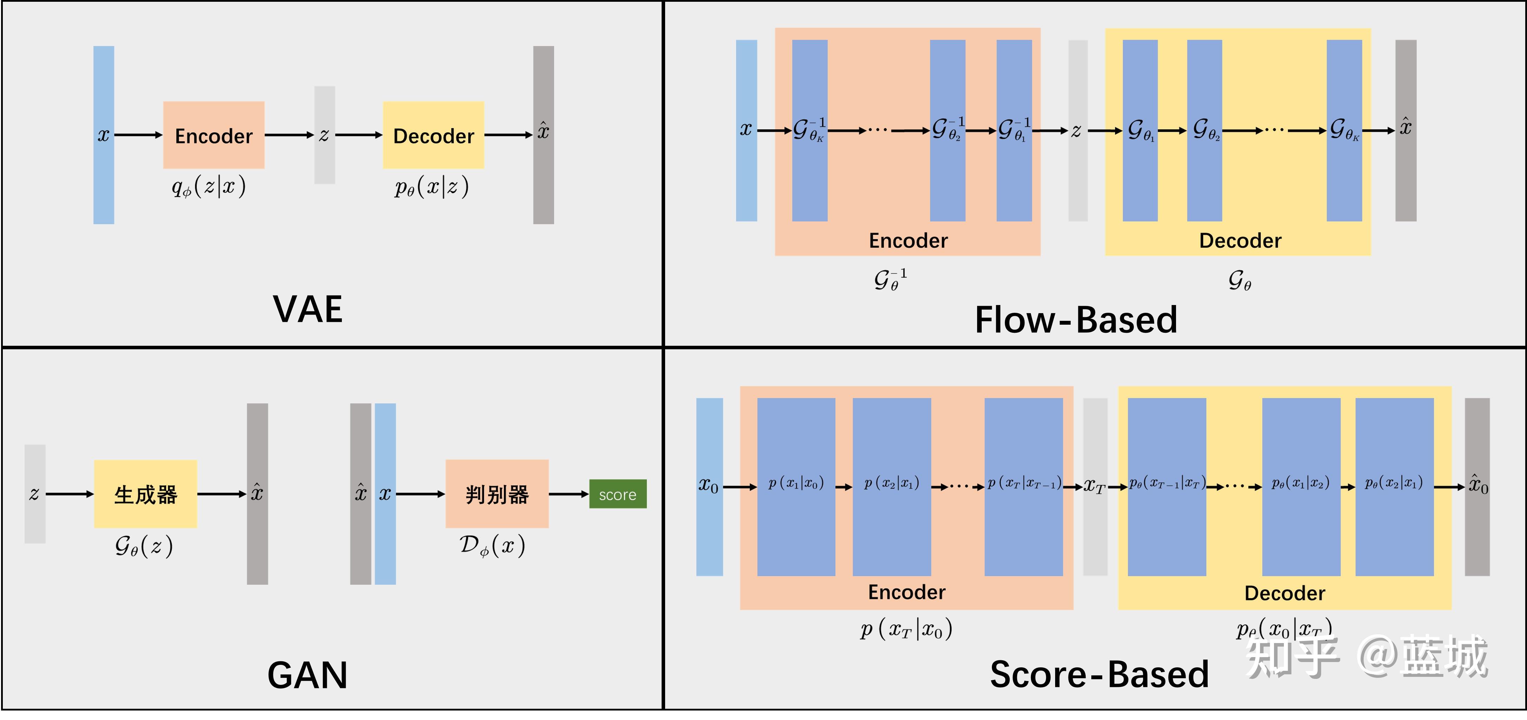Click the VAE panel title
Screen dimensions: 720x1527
click(x=308, y=309)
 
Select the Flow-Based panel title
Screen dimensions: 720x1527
click(x=1076, y=320)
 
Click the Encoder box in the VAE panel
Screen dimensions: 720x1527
click(x=213, y=135)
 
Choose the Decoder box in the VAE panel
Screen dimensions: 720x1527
click(x=433, y=135)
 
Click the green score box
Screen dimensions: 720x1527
click(x=618, y=494)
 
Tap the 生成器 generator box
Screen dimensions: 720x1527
click(x=145, y=494)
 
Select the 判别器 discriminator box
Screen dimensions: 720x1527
click(x=497, y=494)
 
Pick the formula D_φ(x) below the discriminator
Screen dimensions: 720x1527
click(x=492, y=546)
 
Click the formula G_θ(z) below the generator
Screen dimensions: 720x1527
click(x=144, y=546)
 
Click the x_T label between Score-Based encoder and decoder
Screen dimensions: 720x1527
click(x=1094, y=487)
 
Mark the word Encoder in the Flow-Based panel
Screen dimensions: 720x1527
click(x=908, y=241)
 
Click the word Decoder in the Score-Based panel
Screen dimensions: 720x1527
click(x=1285, y=593)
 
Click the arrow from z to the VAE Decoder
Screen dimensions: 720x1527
click(x=359, y=135)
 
